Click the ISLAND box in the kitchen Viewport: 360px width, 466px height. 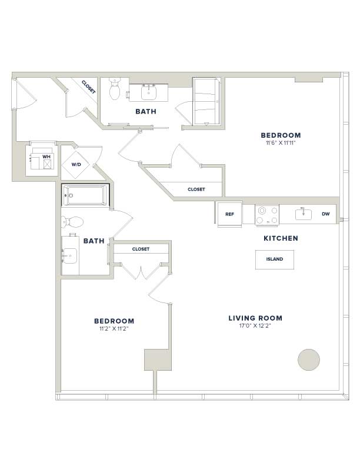click(275, 259)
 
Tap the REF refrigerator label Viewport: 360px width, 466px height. click(229, 214)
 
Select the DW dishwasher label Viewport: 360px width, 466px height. click(325, 214)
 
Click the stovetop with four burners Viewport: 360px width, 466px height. click(266, 215)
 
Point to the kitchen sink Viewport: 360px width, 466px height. click(304, 214)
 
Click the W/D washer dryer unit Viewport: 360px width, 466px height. click(76, 164)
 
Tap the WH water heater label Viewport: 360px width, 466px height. click(46, 157)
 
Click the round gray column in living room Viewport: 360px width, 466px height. click(309, 360)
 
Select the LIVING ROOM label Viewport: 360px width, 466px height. click(255, 318)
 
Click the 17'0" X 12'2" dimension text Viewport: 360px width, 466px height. click(255, 326)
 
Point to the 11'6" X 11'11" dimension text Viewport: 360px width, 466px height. click(281, 143)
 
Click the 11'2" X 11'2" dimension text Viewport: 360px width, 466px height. click(114, 329)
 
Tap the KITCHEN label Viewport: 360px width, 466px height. click(281, 238)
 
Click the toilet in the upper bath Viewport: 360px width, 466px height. click(114, 89)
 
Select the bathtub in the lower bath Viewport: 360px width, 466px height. click(85, 195)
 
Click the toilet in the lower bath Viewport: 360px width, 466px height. click(72, 222)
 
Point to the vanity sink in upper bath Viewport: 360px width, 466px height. click(148, 92)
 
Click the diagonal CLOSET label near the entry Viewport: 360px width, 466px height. click(88, 87)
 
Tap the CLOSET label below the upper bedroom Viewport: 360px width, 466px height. click(196, 189)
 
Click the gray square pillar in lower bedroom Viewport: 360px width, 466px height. click(158, 360)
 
